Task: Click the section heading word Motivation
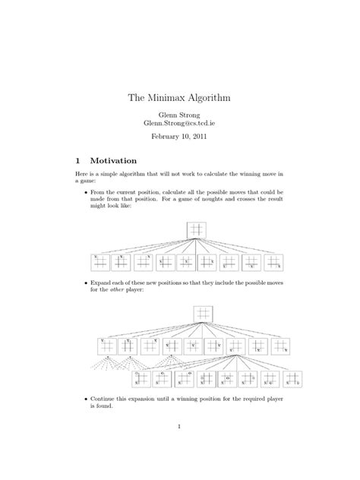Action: coord(113,161)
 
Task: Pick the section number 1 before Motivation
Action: coord(77,161)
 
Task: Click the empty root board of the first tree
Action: coord(197,229)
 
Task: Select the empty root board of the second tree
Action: coord(202,312)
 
